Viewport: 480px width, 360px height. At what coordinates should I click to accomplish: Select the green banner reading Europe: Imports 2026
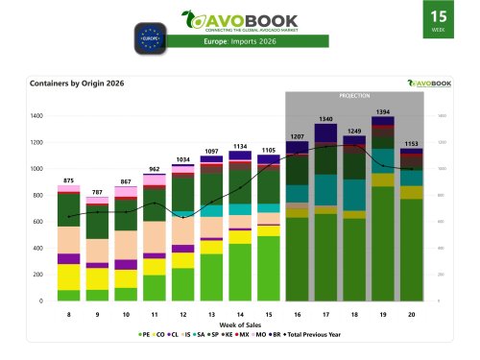click(239, 42)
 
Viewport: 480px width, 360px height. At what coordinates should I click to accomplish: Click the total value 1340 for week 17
click(325, 119)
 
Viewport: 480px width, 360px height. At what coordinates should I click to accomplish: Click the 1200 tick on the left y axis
click(38, 142)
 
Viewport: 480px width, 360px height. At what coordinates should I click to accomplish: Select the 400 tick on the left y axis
click(40, 248)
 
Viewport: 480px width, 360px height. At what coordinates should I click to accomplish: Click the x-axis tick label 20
click(410, 314)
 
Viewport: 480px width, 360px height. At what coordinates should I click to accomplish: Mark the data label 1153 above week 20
click(410, 143)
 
